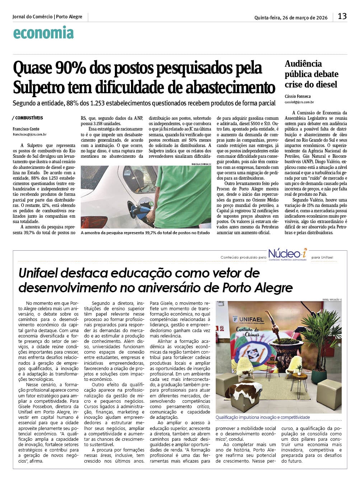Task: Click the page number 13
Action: click(342, 16)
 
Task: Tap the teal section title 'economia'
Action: click(43, 33)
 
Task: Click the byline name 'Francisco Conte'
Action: click(26, 129)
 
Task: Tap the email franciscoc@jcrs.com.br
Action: click(29, 134)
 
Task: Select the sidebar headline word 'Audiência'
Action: click(303, 64)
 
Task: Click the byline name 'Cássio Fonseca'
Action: click(298, 96)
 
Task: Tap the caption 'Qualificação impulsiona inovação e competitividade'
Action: click(262, 417)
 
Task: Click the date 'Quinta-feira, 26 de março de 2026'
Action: click(291, 18)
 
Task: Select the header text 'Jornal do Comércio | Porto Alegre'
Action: click(47, 17)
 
